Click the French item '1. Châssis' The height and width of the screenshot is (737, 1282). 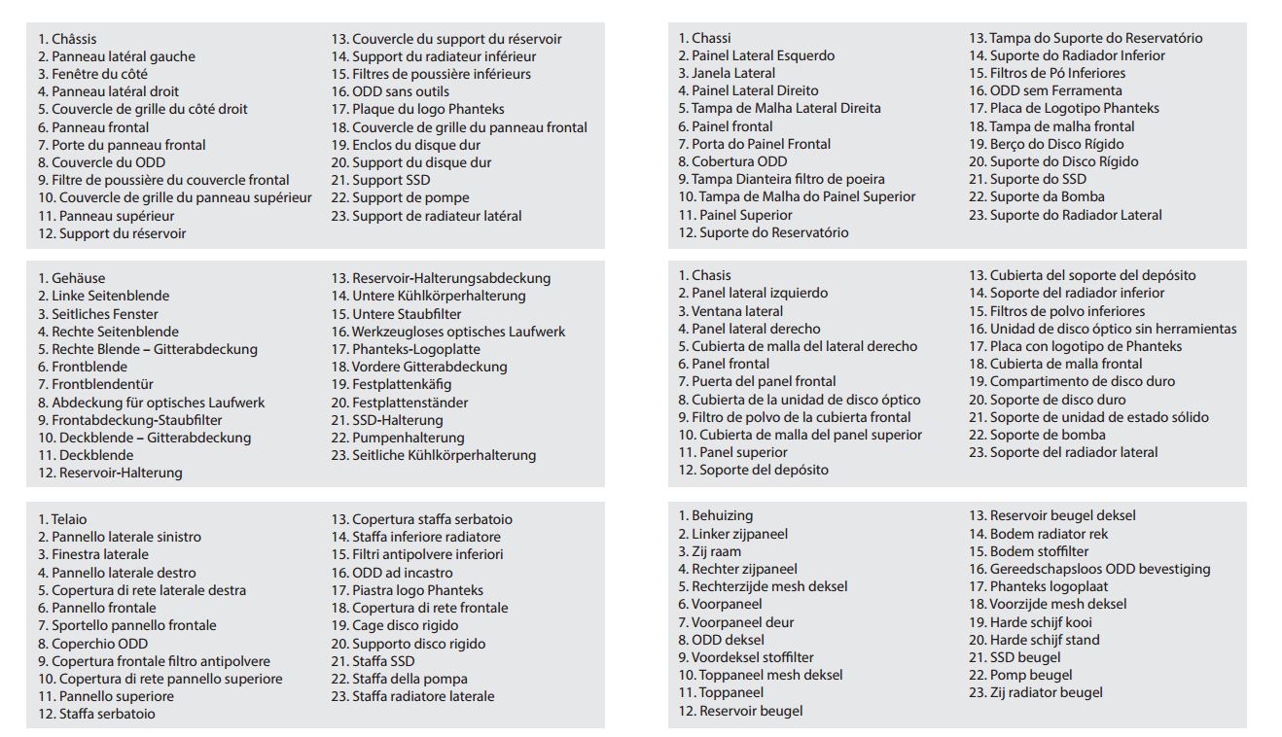68,39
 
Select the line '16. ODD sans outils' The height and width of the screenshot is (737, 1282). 387,91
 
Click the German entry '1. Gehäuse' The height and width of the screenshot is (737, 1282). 71,278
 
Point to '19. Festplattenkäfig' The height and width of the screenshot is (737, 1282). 391,384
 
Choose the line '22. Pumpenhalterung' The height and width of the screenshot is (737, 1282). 398,438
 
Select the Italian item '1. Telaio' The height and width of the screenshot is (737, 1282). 62,519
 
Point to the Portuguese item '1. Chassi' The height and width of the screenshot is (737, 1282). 704,38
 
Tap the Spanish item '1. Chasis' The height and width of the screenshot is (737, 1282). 704,275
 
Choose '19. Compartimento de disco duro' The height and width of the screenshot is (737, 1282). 1071,381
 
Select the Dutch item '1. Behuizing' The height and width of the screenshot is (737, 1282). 715,515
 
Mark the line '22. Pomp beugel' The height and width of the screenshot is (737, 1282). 1019,675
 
